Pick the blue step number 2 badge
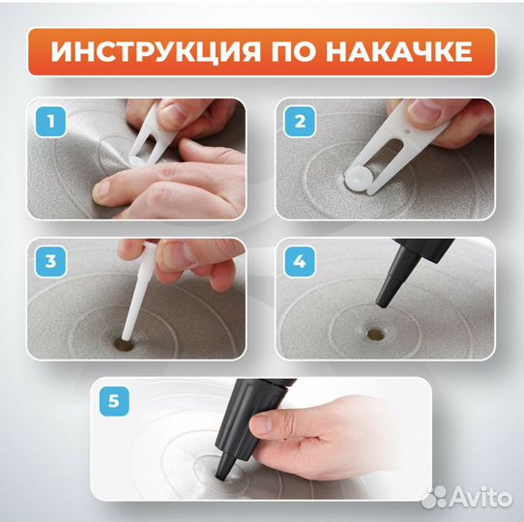coord(299,123)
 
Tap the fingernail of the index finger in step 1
coord(100,192)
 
